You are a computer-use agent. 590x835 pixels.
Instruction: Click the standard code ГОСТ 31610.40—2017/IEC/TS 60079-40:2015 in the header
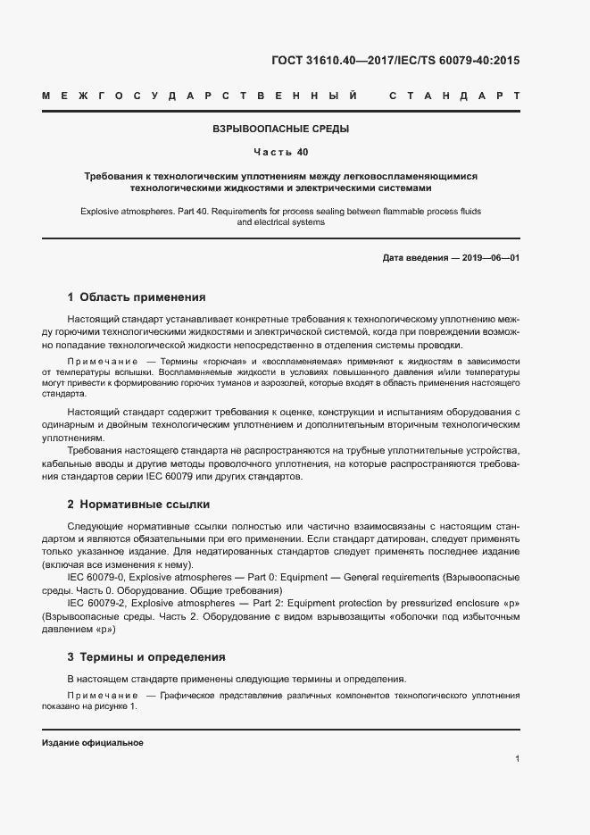(x=395, y=62)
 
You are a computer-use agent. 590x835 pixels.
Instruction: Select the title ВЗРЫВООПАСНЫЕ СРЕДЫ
(x=280, y=129)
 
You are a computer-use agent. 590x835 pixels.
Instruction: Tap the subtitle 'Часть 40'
(x=280, y=151)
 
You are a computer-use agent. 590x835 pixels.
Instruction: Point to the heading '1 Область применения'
(x=137, y=296)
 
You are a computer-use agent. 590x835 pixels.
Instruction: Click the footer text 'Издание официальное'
(x=93, y=743)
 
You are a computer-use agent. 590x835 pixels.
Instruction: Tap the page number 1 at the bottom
(x=518, y=758)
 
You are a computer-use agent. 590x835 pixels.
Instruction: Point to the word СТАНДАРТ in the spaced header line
(x=454, y=96)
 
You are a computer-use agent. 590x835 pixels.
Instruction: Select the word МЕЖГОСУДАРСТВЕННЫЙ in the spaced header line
(x=201, y=96)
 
